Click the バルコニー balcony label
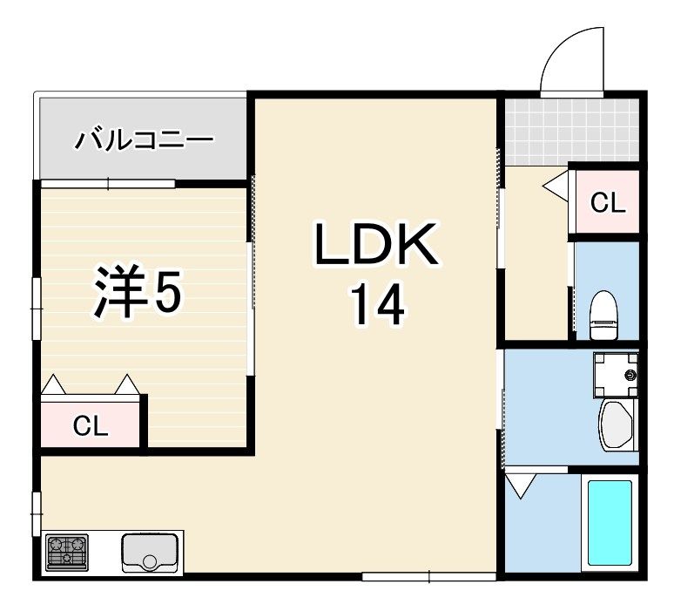coord(144,139)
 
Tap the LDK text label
coord(377,243)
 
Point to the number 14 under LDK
coord(378,304)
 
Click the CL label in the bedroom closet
coord(91,426)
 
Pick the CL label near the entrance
coord(607,202)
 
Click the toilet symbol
coord(604,316)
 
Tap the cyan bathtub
coord(610,523)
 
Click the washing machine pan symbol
coord(616,375)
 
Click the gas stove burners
coord(67,552)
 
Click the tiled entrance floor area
coord(572,132)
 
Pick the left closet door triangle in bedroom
coord(53,384)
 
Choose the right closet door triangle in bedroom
coord(127,384)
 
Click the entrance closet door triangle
coord(556,185)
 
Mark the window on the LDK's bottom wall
coord(429,577)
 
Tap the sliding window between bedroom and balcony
coord(108,184)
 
